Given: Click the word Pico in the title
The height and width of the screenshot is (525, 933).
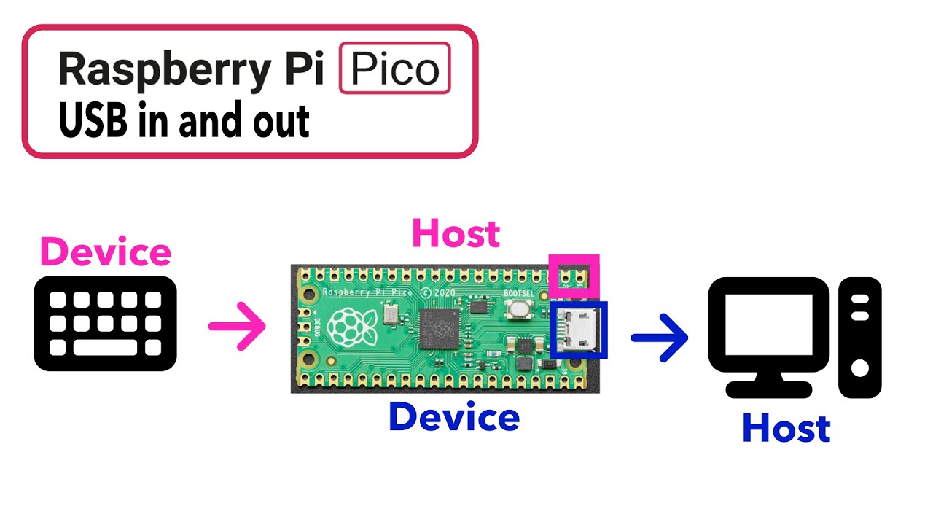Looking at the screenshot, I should tap(395, 69).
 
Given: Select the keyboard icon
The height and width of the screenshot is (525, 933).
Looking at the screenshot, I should tap(106, 323).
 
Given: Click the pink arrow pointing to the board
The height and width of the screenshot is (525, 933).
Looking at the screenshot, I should tap(237, 326).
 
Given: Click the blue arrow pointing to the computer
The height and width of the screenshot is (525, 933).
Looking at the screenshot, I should tap(659, 337).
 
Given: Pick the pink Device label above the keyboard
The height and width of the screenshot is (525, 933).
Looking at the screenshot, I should tap(106, 252).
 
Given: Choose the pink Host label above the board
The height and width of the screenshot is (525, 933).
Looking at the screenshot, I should tap(456, 233).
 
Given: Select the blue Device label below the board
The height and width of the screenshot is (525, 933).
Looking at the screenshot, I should tap(453, 417).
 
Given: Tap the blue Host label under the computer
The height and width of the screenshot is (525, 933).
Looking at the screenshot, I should tap(786, 429).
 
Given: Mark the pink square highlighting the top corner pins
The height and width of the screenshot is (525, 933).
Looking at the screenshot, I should tap(574, 275).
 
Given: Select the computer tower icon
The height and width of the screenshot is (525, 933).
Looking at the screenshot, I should tap(859, 337).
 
